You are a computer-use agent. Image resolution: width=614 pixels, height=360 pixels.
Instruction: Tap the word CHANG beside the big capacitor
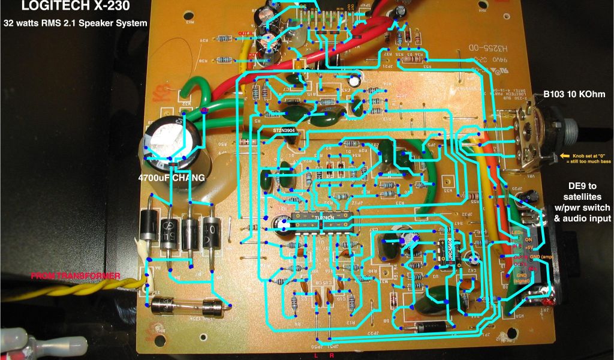185,178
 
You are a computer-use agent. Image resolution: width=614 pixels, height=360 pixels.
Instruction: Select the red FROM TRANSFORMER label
76,276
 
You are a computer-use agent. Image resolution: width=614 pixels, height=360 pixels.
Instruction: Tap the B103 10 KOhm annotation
574,94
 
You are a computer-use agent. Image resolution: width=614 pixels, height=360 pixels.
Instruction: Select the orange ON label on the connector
528,239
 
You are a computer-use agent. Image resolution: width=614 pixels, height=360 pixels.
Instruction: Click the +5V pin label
529,247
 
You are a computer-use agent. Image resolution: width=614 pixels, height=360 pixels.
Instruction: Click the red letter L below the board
317,355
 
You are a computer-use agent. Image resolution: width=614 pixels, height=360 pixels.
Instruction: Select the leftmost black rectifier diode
150,228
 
